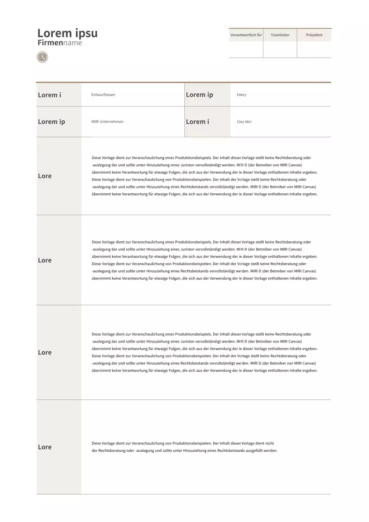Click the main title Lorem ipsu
pos(67,33)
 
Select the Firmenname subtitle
pos(60,43)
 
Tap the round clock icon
pos(42,57)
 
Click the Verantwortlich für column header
pos(246,35)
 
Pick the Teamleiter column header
pos(280,35)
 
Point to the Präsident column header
pos(314,35)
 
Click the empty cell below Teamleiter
pos(280,49)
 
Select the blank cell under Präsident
pos(314,49)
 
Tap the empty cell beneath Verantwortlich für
pos(246,49)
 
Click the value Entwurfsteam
pos(103,95)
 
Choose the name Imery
pos(241,95)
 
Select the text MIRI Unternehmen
pos(107,122)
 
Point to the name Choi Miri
pos(244,122)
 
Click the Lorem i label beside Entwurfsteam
pos(49,95)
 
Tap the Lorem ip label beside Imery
pos(199,95)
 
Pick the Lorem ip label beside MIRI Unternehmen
pos(51,122)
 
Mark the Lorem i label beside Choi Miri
pos(197,122)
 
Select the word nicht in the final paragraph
pos(270,443)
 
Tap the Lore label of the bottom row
pos(45,447)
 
